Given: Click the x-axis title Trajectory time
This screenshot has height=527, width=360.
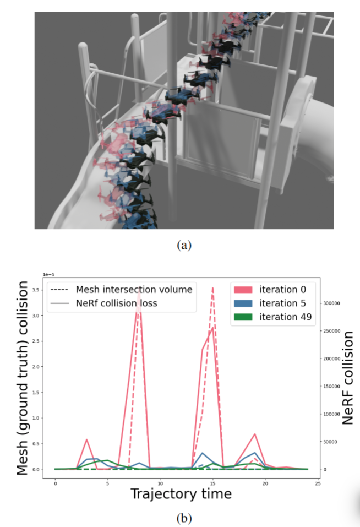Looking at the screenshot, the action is (181, 494).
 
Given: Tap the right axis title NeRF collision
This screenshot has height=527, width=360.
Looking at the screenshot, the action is (347, 378).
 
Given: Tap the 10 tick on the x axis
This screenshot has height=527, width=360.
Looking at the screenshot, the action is (160, 483).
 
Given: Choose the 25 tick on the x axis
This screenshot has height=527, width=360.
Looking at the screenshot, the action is (318, 483).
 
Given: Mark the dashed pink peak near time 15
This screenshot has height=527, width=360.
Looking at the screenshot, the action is (212, 288).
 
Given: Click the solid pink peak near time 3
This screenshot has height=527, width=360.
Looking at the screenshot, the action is (87, 439).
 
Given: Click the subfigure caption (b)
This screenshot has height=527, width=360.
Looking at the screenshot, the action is (184, 518).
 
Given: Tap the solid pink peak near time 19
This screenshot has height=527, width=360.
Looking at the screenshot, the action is (255, 434).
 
